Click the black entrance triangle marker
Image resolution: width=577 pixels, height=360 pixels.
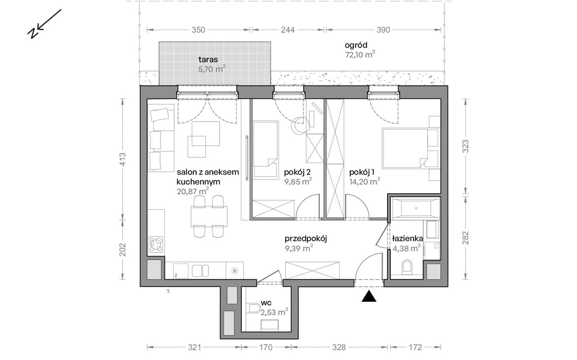369,297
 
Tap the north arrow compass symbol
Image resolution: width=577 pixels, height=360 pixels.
44,24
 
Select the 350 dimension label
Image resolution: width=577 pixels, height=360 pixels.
198,30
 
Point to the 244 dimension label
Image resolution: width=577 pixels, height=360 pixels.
288,30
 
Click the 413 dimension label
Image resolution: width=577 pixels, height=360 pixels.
122,159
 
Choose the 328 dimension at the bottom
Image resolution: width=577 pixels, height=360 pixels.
339,347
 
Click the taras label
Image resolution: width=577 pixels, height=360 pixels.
208,60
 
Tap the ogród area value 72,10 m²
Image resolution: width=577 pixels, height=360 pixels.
360,55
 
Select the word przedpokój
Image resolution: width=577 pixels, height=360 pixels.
306,239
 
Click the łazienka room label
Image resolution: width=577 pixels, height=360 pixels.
407,238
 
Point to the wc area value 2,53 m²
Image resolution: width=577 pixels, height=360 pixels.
274,312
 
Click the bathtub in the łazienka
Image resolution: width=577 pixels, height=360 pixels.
415,208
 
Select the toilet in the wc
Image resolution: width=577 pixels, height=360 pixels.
254,309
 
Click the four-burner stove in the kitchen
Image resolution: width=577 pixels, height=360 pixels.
156,244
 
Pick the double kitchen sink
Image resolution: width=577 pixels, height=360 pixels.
200,271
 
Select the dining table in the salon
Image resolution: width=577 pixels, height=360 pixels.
209,216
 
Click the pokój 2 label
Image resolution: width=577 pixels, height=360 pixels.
297,172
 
